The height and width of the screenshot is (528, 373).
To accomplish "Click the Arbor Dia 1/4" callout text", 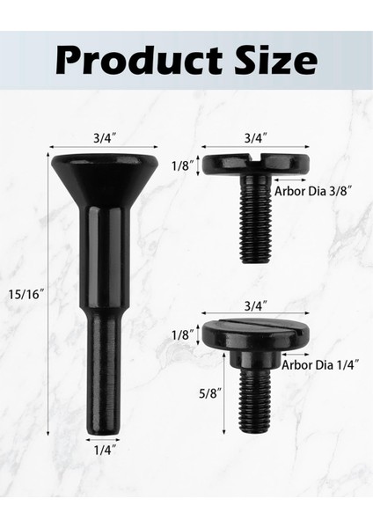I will (x=320, y=363).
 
